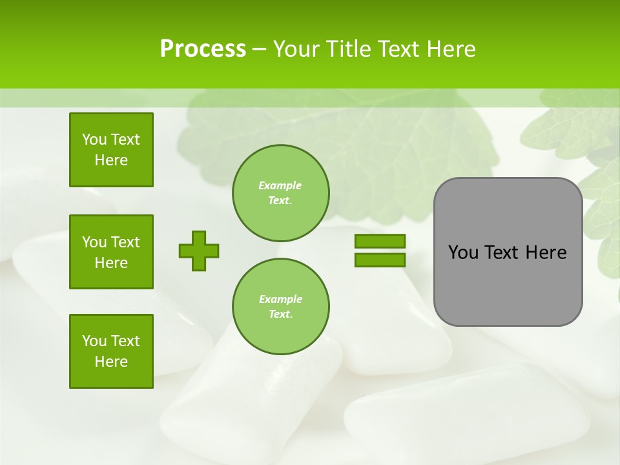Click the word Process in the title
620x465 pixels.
point(203,49)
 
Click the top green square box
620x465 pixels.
point(111,150)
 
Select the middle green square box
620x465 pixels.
point(111,252)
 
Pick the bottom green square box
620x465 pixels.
point(111,351)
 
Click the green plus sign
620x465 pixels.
point(199,251)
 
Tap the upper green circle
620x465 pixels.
point(280,192)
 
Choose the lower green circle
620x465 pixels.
point(280,306)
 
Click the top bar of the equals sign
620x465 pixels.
point(380,242)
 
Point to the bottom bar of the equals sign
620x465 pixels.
point(380,260)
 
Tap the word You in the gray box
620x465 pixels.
point(463,253)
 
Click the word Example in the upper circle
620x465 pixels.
point(280,185)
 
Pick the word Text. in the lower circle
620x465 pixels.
point(280,315)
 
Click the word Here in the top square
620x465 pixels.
point(111,160)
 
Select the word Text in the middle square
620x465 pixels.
point(126,242)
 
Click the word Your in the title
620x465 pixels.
point(296,49)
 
